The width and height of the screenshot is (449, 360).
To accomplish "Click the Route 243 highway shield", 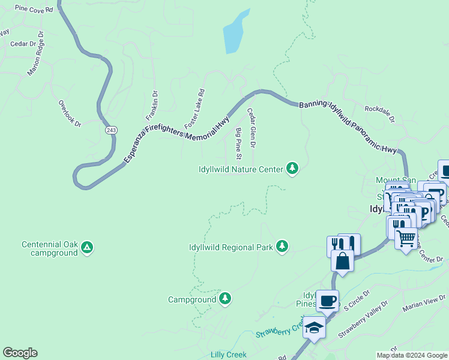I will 110,130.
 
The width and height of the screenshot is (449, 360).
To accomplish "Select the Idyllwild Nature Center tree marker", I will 292,169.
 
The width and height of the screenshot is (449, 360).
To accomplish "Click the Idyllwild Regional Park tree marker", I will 282,247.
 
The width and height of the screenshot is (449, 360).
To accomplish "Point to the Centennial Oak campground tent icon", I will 87,247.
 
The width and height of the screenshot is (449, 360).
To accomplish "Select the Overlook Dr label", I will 69,112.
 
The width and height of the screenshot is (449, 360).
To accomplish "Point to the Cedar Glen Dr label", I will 252,128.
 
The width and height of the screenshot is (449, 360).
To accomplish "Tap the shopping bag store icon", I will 342,261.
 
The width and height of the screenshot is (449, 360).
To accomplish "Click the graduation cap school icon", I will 314,328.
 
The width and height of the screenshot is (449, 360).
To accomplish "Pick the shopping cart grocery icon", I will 406,238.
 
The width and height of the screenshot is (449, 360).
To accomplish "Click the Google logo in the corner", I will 20,353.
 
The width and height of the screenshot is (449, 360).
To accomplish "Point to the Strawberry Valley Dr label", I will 360,323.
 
